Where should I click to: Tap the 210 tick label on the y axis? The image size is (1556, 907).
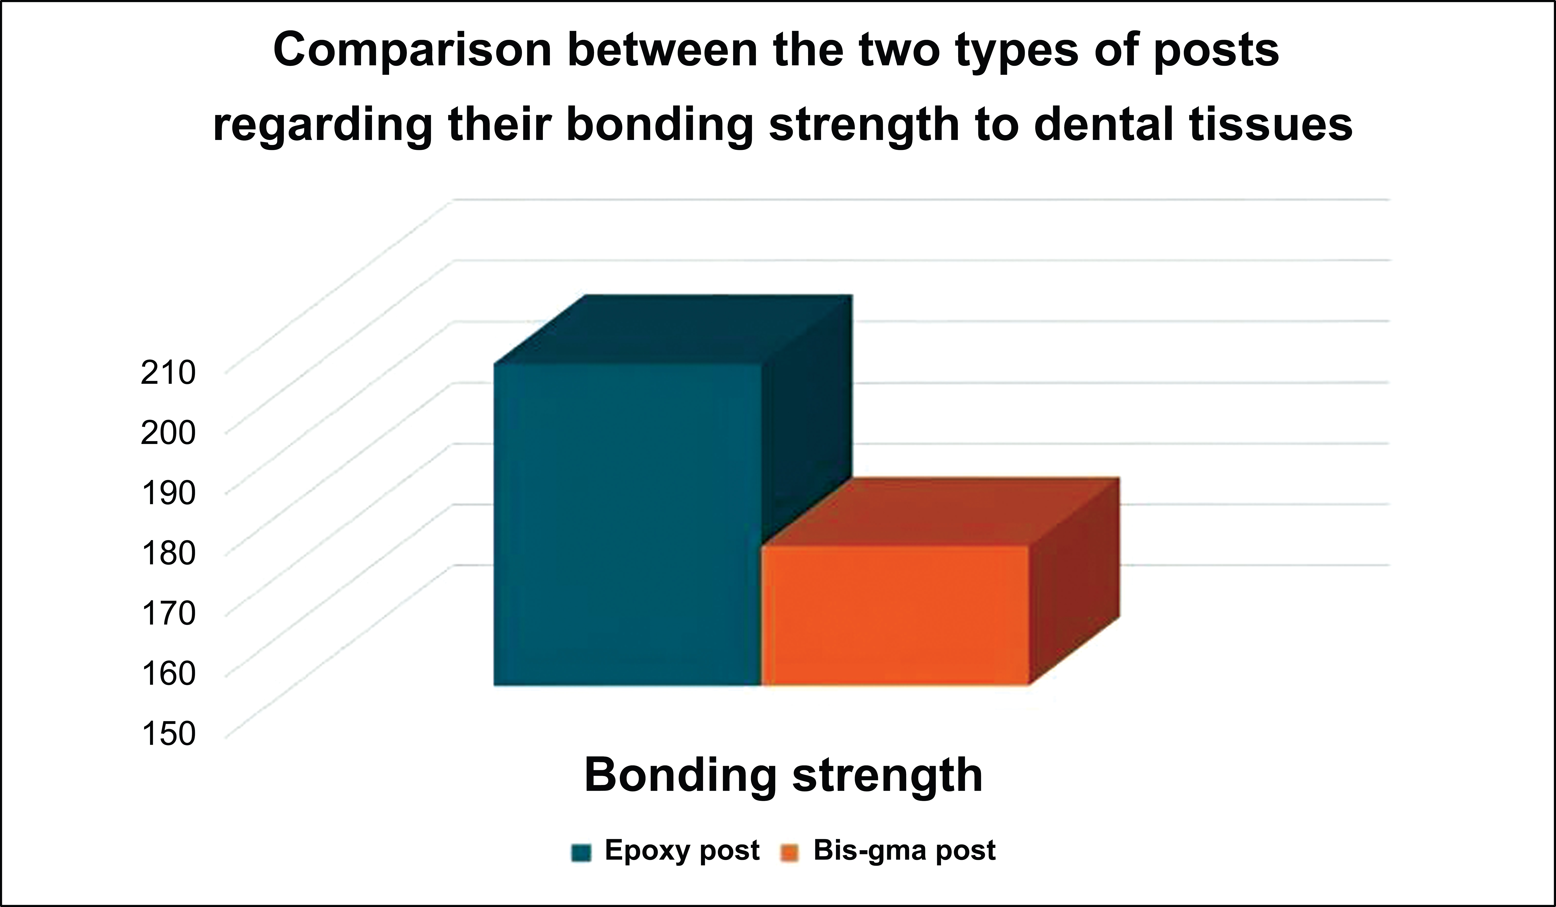click(x=168, y=373)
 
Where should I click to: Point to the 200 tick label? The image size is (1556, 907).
click(x=168, y=433)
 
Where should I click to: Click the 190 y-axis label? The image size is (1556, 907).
click(x=168, y=493)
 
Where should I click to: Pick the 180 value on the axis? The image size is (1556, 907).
click(x=168, y=553)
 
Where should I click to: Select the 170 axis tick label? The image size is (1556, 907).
click(x=168, y=614)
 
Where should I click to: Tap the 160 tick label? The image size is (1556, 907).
click(x=168, y=674)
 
